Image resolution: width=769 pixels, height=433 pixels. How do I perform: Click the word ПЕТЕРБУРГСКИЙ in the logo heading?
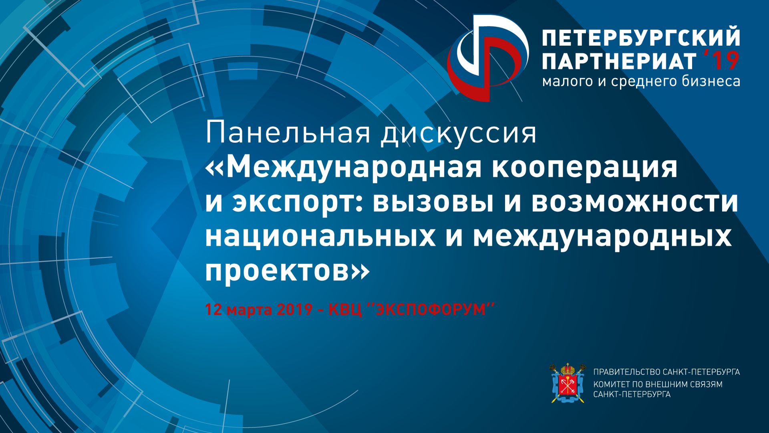[641, 37]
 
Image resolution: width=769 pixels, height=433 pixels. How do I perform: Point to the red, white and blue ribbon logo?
[488, 58]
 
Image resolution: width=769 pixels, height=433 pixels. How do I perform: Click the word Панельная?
[288, 133]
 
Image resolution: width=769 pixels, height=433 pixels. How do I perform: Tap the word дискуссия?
[459, 134]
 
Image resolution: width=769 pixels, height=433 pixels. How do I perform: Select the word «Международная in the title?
[343, 168]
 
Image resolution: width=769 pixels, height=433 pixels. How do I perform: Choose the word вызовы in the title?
[433, 202]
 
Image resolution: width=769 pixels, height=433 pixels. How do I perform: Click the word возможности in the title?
[635, 202]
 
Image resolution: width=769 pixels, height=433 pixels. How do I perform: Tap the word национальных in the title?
[320, 237]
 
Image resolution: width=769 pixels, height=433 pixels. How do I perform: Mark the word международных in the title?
[602, 237]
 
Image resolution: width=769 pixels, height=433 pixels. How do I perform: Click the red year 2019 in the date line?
[295, 310]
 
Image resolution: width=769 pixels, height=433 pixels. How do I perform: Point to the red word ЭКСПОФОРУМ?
[431, 310]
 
